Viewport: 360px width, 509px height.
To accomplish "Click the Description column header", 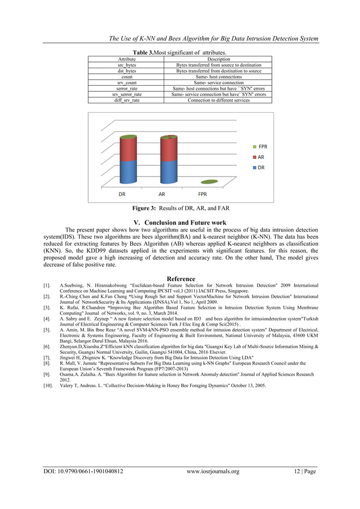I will pyautogui.click(x=218, y=59).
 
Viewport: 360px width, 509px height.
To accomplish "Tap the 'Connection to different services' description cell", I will pyautogui.click(x=218, y=100).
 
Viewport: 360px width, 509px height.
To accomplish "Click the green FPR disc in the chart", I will pyautogui.click(x=208, y=182).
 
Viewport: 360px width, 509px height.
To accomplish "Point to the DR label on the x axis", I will pyautogui.click(x=121, y=194).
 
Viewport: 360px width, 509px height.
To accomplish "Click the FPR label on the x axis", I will pyautogui.click(x=202, y=194).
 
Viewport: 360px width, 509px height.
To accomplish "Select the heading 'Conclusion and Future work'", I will pyautogui.click(x=179, y=222).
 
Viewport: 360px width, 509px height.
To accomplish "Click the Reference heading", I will pyautogui.click(x=181, y=279).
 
